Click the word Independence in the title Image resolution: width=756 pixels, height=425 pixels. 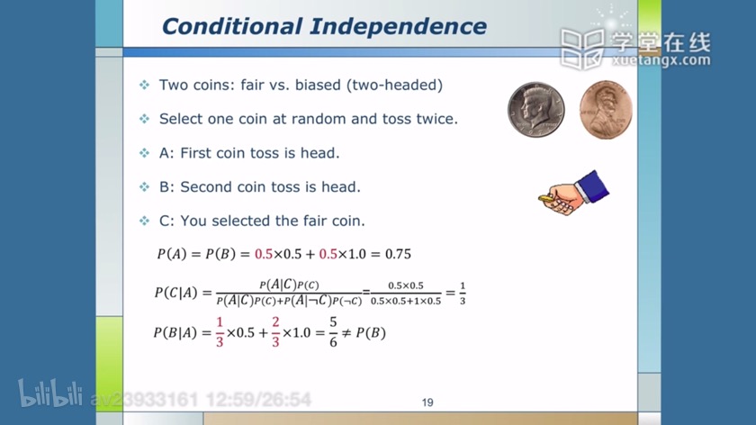tap(398, 26)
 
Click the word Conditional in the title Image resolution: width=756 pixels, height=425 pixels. tap(232, 26)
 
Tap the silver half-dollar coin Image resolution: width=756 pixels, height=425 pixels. tap(535, 110)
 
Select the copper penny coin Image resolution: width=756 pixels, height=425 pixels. tap(606, 110)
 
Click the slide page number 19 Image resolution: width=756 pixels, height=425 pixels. tap(427, 402)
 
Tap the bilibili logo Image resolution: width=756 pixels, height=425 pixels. tap(50, 393)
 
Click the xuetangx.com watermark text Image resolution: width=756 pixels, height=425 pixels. tap(661, 60)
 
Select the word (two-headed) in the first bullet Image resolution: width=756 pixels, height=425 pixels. tap(394, 86)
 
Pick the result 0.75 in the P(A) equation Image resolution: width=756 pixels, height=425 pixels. tap(398, 254)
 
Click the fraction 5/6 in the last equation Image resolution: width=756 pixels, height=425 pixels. tap(333, 332)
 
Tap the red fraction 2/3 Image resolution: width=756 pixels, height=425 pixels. tap(275, 332)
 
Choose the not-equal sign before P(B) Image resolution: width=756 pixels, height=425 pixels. tap(346, 333)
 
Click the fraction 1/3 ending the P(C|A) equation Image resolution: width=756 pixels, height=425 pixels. tap(463, 294)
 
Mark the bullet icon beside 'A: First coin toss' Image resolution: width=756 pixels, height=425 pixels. tap(145, 153)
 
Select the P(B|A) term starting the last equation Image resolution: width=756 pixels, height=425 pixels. tap(175, 333)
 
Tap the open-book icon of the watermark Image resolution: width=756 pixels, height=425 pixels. tap(582, 49)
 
